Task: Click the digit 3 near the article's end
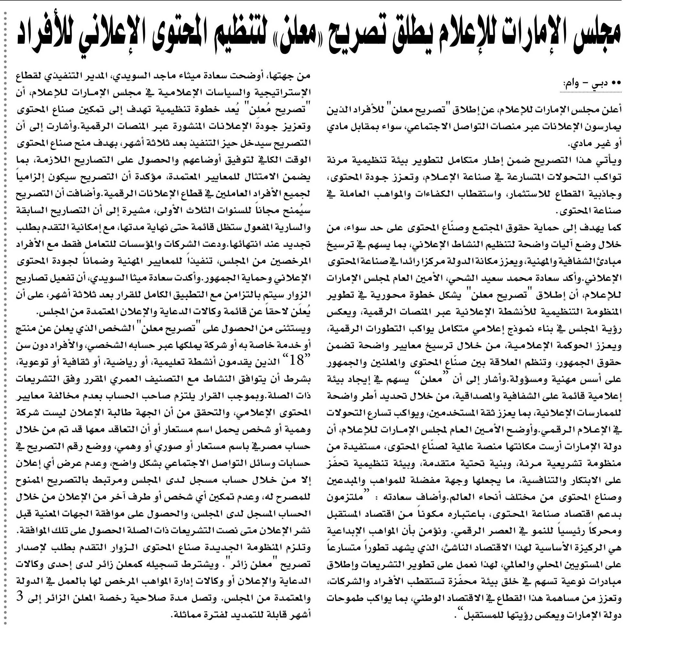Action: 20,597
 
